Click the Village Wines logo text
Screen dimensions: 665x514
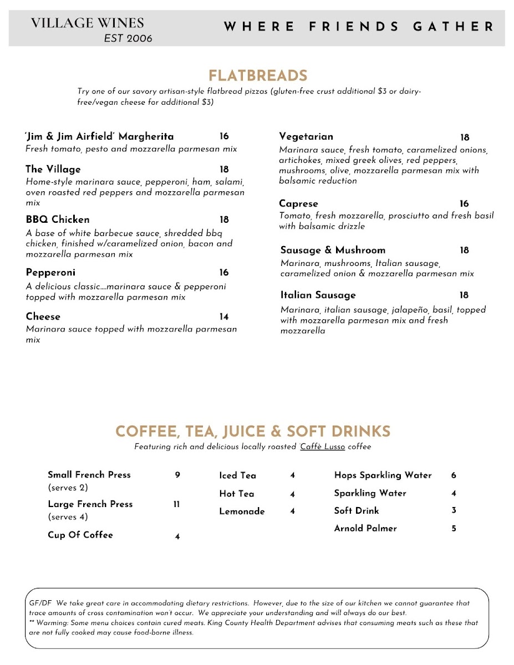[x=88, y=23]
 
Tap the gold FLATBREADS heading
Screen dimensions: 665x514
[x=258, y=76]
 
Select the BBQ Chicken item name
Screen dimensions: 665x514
[x=58, y=219]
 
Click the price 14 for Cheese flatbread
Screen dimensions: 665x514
[x=224, y=317]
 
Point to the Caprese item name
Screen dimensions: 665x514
[x=298, y=203]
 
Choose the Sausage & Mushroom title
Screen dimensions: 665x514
[x=333, y=250]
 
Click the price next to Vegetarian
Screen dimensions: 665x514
[x=465, y=137]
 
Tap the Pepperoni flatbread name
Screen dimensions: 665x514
[x=50, y=273]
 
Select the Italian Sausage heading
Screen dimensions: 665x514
[x=318, y=295]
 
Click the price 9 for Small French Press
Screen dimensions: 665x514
[x=177, y=475]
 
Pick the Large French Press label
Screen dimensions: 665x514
[x=90, y=504]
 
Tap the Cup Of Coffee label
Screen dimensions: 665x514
[x=80, y=535]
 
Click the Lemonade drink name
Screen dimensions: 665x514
[x=242, y=511]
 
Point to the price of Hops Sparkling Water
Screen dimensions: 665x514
[x=454, y=475]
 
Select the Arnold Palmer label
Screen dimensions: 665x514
[x=365, y=529]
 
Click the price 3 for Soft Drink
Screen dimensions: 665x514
[x=454, y=511]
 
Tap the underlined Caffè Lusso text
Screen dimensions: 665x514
[x=323, y=447]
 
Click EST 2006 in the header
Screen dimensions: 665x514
[x=128, y=38]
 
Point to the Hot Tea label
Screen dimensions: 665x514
[x=237, y=494]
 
